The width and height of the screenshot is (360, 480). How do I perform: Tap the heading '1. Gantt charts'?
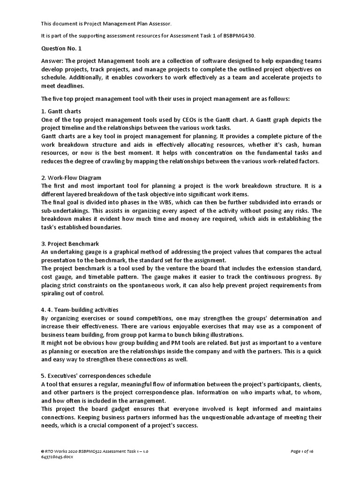[61, 111]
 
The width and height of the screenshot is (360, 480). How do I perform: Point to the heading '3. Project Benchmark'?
[70, 244]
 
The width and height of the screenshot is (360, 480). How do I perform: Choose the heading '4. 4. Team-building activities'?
[80, 310]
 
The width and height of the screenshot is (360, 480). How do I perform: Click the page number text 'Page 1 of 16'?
[302, 451]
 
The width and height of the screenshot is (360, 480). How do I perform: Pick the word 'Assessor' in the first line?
[151, 23]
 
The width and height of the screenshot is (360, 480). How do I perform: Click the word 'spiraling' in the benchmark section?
[54, 293]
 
